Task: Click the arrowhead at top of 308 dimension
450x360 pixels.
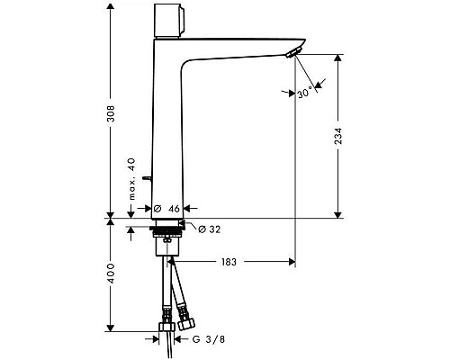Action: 111,7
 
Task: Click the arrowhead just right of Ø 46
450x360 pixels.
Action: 189,209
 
